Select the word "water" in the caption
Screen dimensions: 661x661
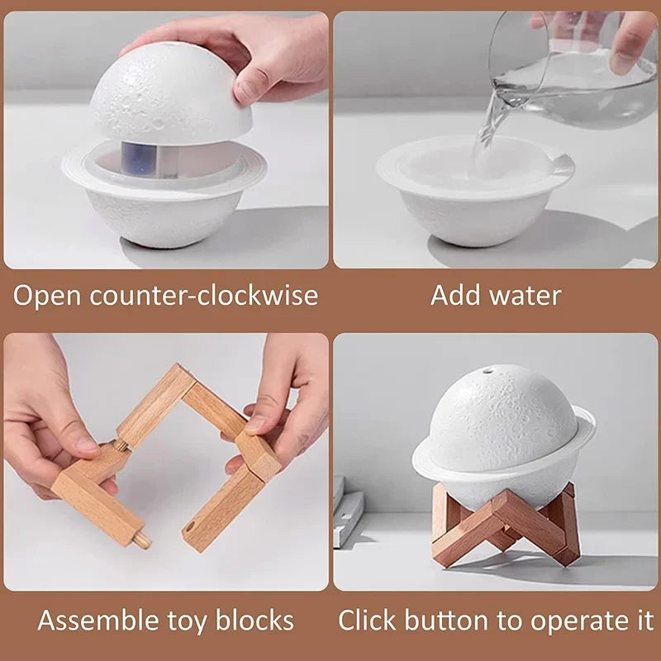525,295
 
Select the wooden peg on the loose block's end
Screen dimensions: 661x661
142,541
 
